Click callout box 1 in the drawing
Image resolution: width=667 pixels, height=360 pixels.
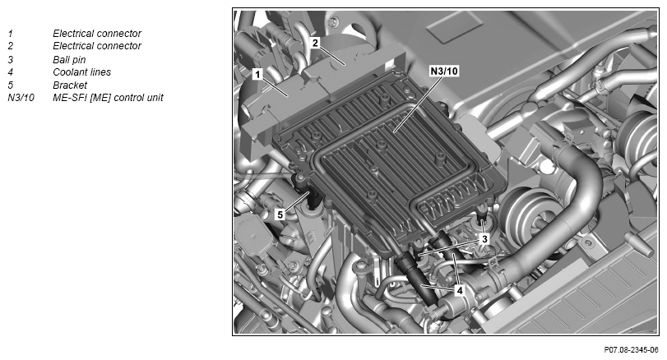click(257, 75)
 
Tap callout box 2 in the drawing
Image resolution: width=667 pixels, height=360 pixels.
click(315, 43)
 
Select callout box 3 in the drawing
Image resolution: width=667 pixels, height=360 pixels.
click(484, 239)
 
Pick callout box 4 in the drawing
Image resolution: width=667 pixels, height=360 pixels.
click(459, 291)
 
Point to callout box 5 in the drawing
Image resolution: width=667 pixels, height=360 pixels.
click(280, 215)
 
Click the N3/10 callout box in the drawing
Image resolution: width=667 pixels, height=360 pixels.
click(444, 71)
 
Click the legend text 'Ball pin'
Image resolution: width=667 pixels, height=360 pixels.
click(69, 59)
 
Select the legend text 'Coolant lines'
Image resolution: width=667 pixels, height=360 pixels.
click(81, 72)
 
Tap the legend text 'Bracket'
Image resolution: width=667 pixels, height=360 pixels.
click(70, 85)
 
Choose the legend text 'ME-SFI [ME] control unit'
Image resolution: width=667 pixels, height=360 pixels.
click(108, 98)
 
